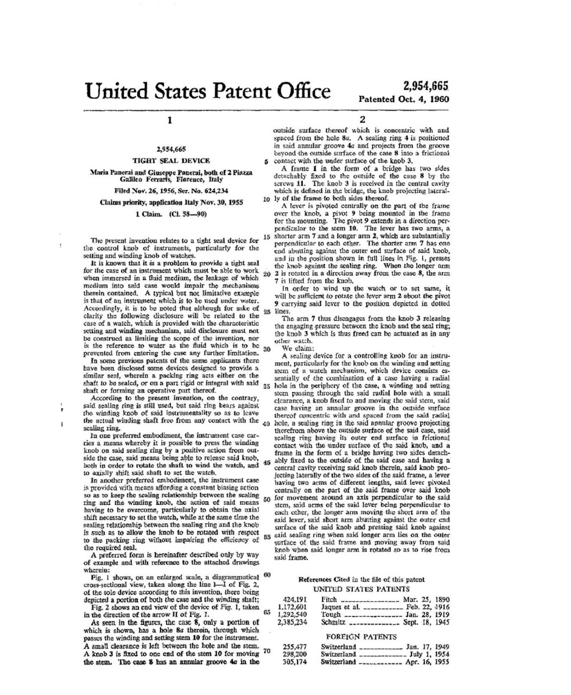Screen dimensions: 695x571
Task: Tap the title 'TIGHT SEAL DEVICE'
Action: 171,161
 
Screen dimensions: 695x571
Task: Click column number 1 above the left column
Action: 170,121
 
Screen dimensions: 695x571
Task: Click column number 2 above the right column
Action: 362,121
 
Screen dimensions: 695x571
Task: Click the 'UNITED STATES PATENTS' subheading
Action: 362,589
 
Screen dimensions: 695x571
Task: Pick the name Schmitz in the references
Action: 332,623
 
